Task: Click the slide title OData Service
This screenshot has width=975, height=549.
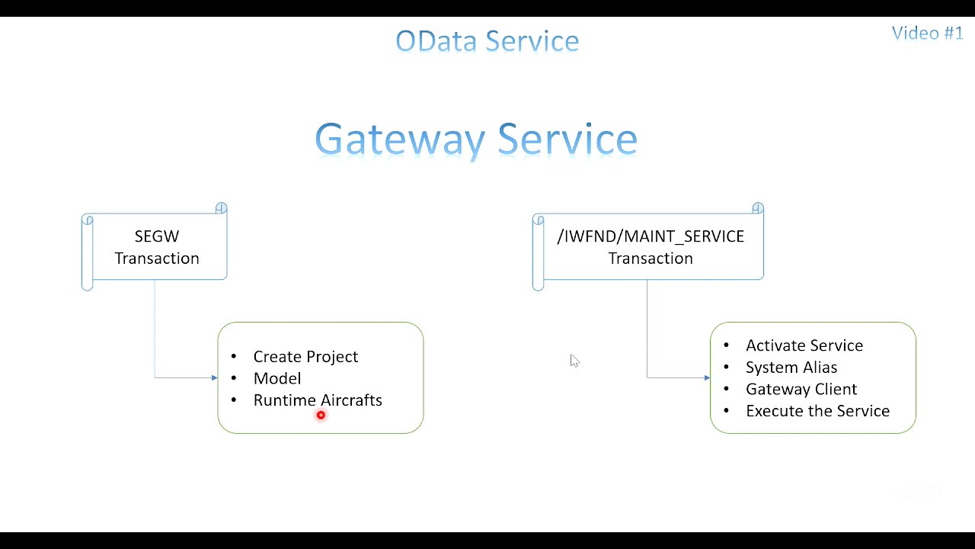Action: pyautogui.click(x=487, y=40)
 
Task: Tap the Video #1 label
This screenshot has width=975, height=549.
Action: pyautogui.click(x=927, y=33)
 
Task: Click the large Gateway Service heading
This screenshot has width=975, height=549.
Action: pyautogui.click(x=476, y=140)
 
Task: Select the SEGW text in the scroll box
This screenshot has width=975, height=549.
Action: pyautogui.click(x=156, y=236)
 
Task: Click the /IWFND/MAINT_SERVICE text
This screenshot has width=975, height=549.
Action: pyautogui.click(x=651, y=236)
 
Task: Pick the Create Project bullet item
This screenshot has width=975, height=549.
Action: pyautogui.click(x=305, y=357)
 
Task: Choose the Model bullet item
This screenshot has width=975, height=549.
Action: pyautogui.click(x=277, y=378)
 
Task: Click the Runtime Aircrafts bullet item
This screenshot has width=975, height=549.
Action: pyautogui.click(x=318, y=400)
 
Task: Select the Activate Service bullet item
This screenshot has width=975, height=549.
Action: pyautogui.click(x=804, y=345)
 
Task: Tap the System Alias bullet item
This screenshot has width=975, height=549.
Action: pyautogui.click(x=791, y=368)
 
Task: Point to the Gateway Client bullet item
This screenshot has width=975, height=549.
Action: pyautogui.click(x=801, y=389)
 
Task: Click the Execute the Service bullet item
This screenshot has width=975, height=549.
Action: pyautogui.click(x=817, y=411)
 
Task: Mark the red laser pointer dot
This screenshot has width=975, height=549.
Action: pyautogui.click(x=321, y=415)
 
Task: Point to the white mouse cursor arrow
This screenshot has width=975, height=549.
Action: pyautogui.click(x=574, y=360)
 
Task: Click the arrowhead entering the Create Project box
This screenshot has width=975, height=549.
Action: pyautogui.click(x=214, y=377)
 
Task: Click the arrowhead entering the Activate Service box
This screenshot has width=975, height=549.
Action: pyautogui.click(x=707, y=377)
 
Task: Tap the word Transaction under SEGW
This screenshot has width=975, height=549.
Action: pyautogui.click(x=157, y=258)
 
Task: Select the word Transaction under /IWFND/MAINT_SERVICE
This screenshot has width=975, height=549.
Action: pyautogui.click(x=651, y=258)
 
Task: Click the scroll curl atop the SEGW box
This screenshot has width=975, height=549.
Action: pyautogui.click(x=221, y=208)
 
